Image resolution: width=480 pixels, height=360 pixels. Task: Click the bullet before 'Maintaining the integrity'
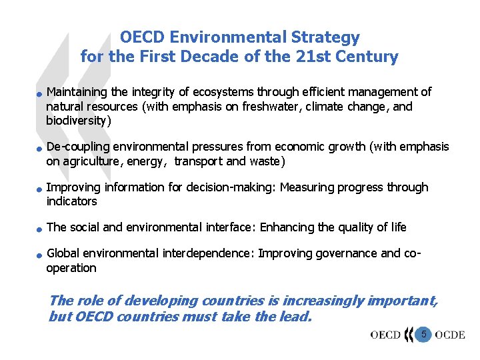click(x=40, y=93)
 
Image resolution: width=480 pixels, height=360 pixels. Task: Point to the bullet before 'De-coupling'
click(x=40, y=148)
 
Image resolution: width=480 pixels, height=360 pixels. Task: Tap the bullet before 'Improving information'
click(x=40, y=189)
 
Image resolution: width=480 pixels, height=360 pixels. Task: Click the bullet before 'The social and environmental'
click(x=40, y=229)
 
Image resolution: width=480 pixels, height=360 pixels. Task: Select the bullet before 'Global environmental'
click(x=40, y=255)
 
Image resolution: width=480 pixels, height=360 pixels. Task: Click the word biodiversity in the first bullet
click(x=76, y=121)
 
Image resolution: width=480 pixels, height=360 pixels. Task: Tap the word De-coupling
click(x=78, y=147)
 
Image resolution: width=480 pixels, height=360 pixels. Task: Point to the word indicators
click(x=71, y=201)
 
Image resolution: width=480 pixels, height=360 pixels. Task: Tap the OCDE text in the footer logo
click(x=450, y=335)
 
